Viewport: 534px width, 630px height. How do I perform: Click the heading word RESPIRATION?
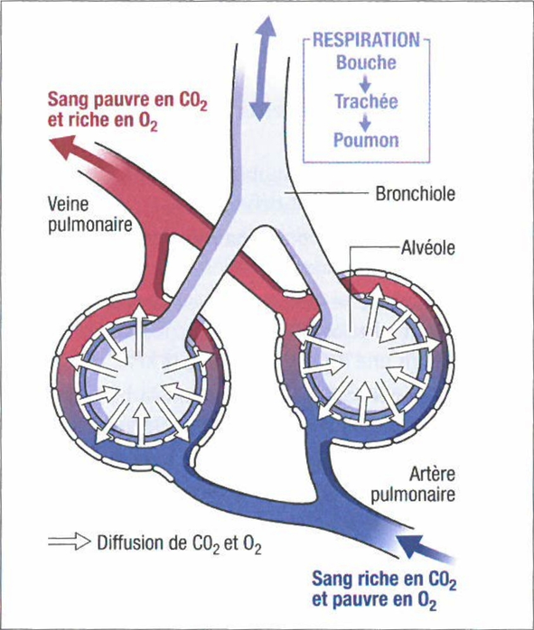tap(366, 41)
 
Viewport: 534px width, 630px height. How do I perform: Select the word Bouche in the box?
tap(366, 62)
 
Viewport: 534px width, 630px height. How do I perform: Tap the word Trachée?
tap(366, 101)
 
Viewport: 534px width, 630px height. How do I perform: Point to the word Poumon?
tap(366, 140)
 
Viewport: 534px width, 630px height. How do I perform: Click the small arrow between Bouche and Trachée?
tap(365, 82)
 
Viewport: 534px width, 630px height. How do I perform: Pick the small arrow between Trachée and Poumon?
tap(365, 121)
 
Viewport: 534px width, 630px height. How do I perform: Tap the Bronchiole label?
tap(416, 194)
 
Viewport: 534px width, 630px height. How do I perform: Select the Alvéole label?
tap(428, 247)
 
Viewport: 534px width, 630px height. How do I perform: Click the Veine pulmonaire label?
tap(90, 214)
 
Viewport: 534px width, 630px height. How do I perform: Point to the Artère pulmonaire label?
tap(413, 484)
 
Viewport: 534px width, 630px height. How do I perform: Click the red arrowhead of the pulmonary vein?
tap(63, 148)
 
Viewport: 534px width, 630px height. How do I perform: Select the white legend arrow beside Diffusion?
tap(70, 542)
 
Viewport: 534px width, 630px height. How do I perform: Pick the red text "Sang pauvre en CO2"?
tap(128, 100)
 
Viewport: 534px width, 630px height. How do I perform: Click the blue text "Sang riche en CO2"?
tap(384, 579)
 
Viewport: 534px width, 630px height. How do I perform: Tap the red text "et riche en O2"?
tap(102, 121)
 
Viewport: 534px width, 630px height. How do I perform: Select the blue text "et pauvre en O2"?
tap(374, 601)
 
